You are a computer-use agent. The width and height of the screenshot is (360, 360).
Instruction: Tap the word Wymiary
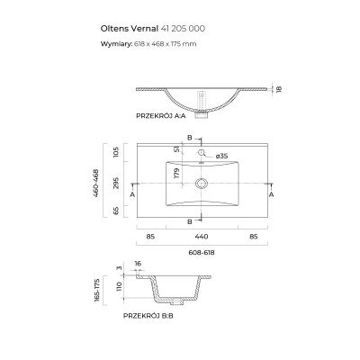coord(115,43)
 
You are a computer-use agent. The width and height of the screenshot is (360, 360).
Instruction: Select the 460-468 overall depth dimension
coord(99,183)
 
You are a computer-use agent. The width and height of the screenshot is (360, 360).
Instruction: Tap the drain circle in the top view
coord(202,182)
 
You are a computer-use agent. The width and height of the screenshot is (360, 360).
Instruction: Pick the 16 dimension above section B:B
coord(137,265)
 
